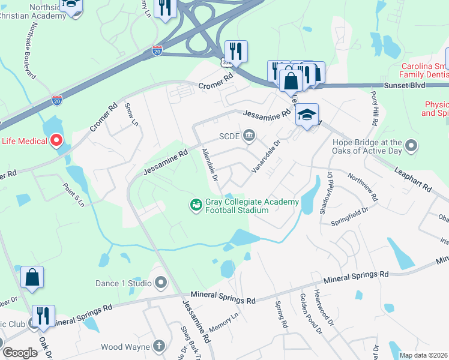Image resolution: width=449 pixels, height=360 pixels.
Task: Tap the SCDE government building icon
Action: point(250,136)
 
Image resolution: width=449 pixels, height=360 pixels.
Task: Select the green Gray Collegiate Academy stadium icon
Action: point(196,206)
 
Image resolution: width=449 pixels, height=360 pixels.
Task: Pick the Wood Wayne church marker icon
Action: point(158,346)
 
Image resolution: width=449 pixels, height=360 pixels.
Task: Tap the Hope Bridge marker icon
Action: point(411,146)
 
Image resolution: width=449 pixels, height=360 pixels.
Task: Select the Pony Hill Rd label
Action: point(373,109)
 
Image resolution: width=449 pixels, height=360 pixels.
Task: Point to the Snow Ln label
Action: point(131,114)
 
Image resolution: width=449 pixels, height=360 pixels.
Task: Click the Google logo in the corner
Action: point(20,353)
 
